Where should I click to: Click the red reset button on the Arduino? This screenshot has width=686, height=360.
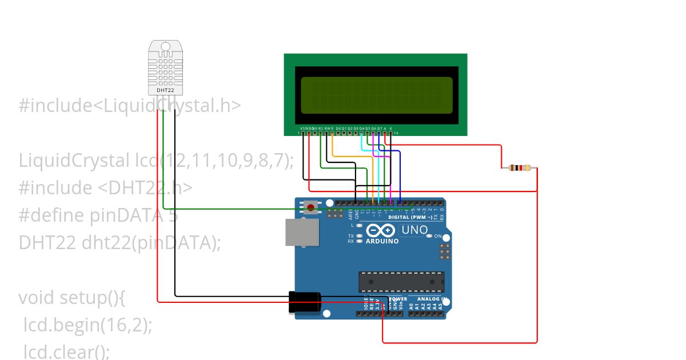click(x=310, y=207)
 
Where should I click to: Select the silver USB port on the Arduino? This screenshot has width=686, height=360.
click(x=302, y=232)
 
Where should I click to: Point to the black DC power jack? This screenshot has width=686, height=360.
click(x=304, y=302)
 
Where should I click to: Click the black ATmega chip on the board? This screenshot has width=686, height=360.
click(x=401, y=282)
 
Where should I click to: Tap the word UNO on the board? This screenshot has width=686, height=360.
click(x=414, y=230)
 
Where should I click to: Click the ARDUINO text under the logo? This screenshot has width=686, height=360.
click(x=382, y=241)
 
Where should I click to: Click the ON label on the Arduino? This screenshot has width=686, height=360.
click(x=438, y=236)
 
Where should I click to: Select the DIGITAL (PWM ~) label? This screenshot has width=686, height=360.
click(x=409, y=217)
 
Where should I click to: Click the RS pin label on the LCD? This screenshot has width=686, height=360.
click(x=321, y=129)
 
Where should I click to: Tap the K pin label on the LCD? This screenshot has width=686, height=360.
click(x=390, y=129)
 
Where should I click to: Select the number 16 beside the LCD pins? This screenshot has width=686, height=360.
click(x=396, y=133)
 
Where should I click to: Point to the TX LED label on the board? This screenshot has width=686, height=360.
click(x=350, y=235)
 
